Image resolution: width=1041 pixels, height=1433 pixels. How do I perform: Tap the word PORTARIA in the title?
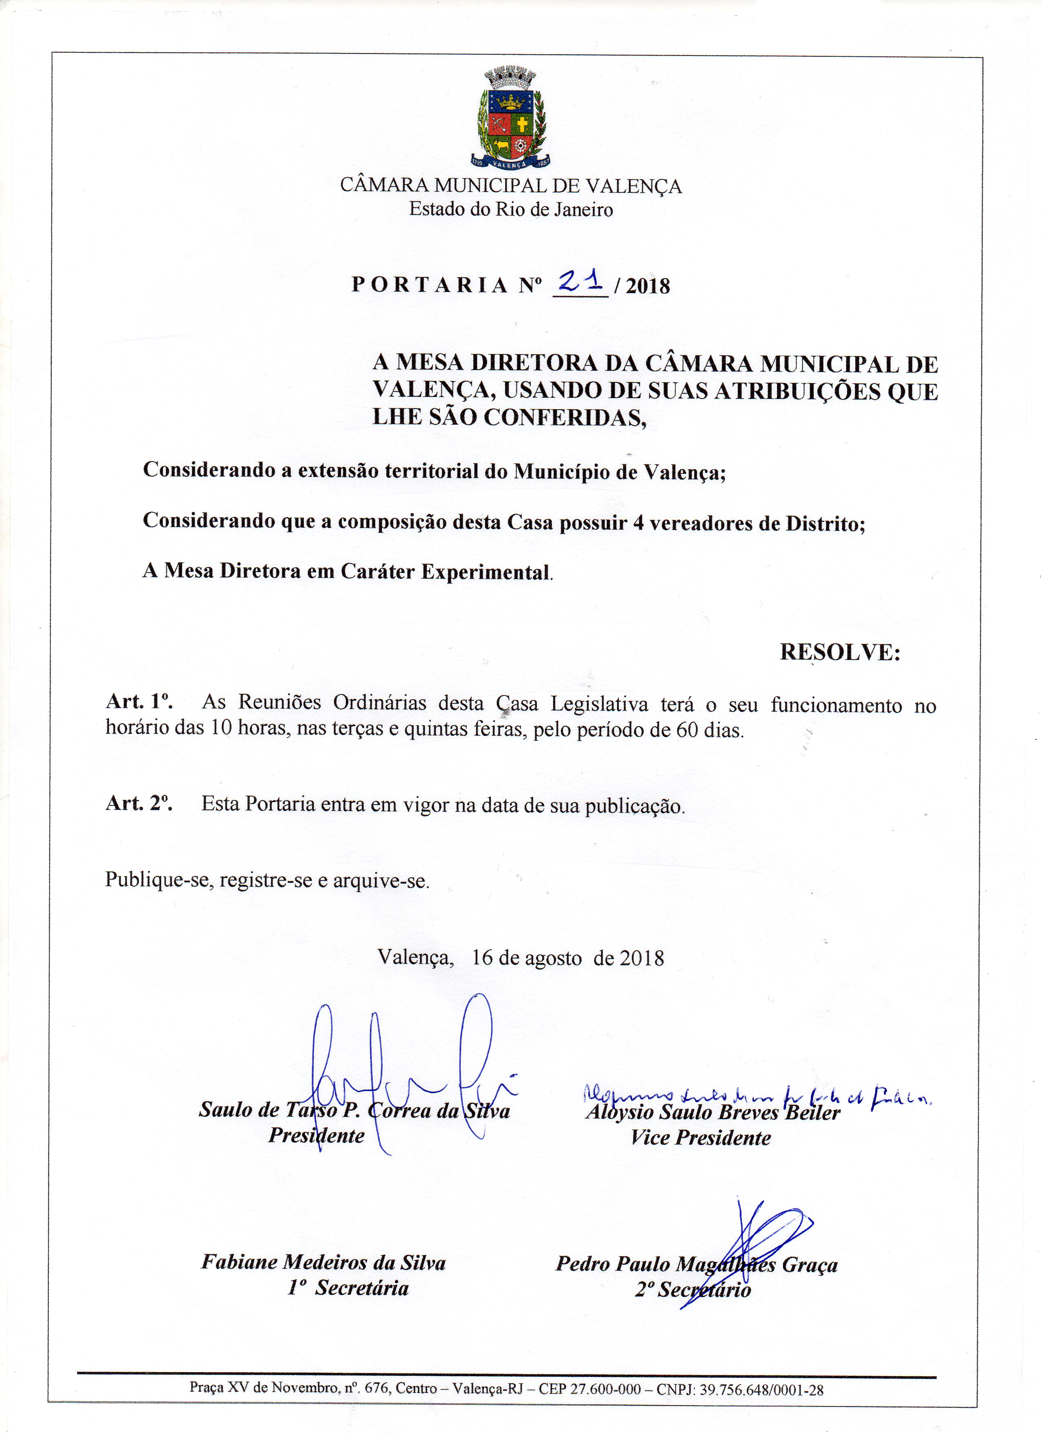point(429,285)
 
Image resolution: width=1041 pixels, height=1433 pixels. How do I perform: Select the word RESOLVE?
point(839,652)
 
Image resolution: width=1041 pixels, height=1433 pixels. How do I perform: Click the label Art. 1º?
point(139,701)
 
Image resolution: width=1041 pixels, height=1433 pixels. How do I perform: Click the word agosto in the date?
point(553,958)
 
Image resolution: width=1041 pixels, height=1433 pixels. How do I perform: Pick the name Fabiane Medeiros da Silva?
point(323,1262)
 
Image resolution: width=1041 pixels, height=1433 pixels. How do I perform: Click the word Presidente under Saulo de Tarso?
point(316,1135)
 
